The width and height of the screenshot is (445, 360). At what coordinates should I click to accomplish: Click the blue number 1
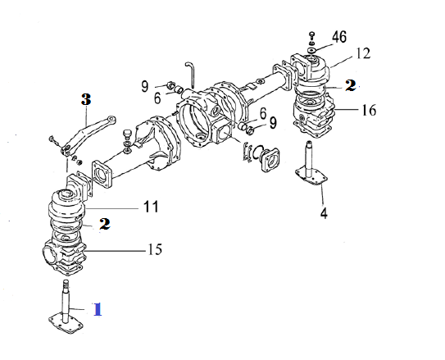pyautogui.click(x=98, y=309)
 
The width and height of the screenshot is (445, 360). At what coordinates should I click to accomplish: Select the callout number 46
pyautogui.click(x=339, y=37)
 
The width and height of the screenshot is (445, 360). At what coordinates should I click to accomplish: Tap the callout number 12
pyautogui.click(x=362, y=53)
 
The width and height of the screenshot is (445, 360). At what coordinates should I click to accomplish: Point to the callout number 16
pyautogui.click(x=369, y=110)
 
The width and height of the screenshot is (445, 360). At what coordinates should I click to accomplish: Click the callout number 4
pyautogui.click(x=324, y=212)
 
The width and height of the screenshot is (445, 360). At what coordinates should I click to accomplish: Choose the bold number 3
pyautogui.click(x=86, y=99)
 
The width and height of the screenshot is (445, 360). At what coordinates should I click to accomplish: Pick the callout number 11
pyautogui.click(x=151, y=207)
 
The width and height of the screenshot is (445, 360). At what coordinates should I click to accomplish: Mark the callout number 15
pyautogui.click(x=155, y=249)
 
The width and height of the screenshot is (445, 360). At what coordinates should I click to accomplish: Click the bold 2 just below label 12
pyautogui.click(x=351, y=85)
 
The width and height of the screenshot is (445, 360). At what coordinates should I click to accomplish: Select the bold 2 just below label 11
pyautogui.click(x=104, y=224)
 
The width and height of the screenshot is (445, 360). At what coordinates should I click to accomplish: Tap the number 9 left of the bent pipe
pyautogui.click(x=145, y=86)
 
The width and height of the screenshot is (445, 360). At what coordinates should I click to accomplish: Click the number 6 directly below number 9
pyautogui.click(x=157, y=98)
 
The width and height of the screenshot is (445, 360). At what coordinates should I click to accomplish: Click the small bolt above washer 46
pyautogui.click(x=312, y=35)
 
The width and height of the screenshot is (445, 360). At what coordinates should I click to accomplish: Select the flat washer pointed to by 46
pyautogui.click(x=312, y=50)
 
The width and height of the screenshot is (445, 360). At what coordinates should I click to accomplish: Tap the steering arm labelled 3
pyautogui.click(x=87, y=134)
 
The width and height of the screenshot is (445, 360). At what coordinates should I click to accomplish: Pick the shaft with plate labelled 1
pyautogui.click(x=66, y=307)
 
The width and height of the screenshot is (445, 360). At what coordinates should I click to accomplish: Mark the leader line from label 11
pyautogui.click(x=111, y=208)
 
